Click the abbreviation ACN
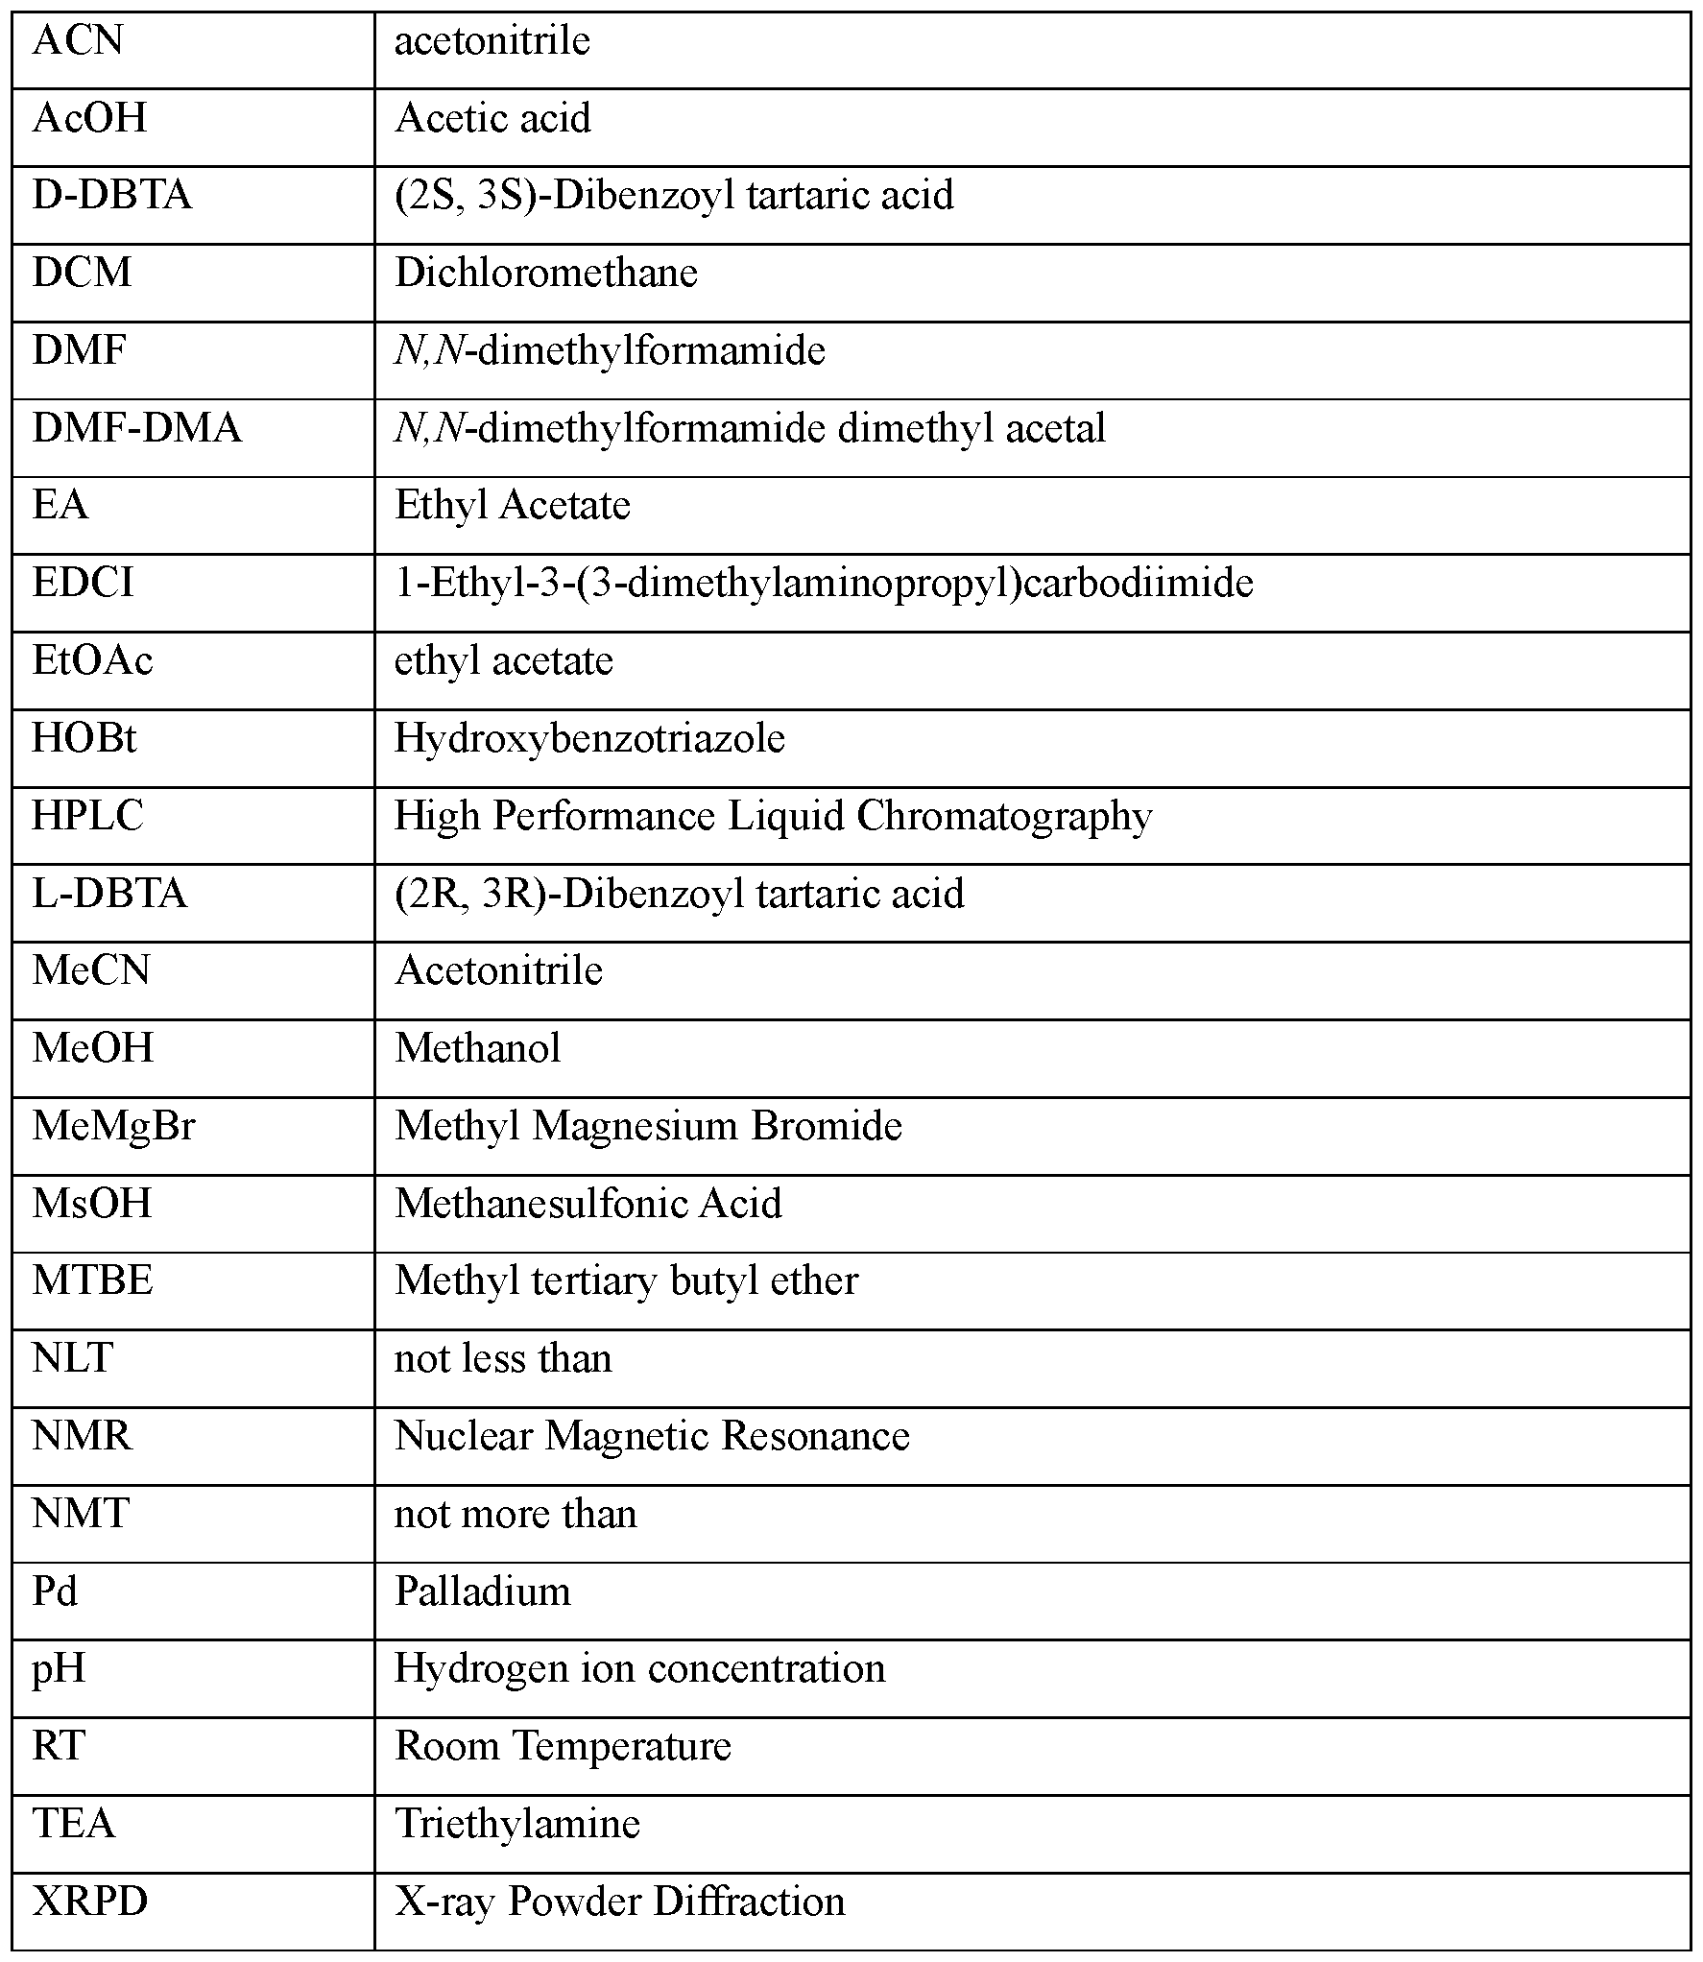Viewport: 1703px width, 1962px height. [x=78, y=42]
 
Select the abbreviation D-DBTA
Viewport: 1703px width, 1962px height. [x=112, y=196]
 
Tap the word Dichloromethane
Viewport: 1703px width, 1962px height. [x=546, y=274]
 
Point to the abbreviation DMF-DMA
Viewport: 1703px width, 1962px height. [x=136, y=428]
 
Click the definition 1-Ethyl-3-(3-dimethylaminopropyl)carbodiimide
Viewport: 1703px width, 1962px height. [x=824, y=584]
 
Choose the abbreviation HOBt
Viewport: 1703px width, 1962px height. [x=84, y=739]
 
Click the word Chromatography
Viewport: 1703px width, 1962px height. [x=1004, y=817]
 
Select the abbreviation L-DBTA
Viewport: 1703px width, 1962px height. [x=109, y=895]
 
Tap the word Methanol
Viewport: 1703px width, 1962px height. [x=477, y=1049]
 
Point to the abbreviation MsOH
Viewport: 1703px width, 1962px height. [x=92, y=1205]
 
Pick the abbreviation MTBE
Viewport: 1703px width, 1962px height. [x=92, y=1281]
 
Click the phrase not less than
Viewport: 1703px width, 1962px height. [x=503, y=1359]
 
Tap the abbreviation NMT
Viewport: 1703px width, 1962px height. [x=81, y=1515]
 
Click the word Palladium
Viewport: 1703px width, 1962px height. [x=483, y=1592]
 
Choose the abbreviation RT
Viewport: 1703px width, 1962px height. [x=60, y=1747]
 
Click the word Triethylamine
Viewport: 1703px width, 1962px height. [x=517, y=1825]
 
